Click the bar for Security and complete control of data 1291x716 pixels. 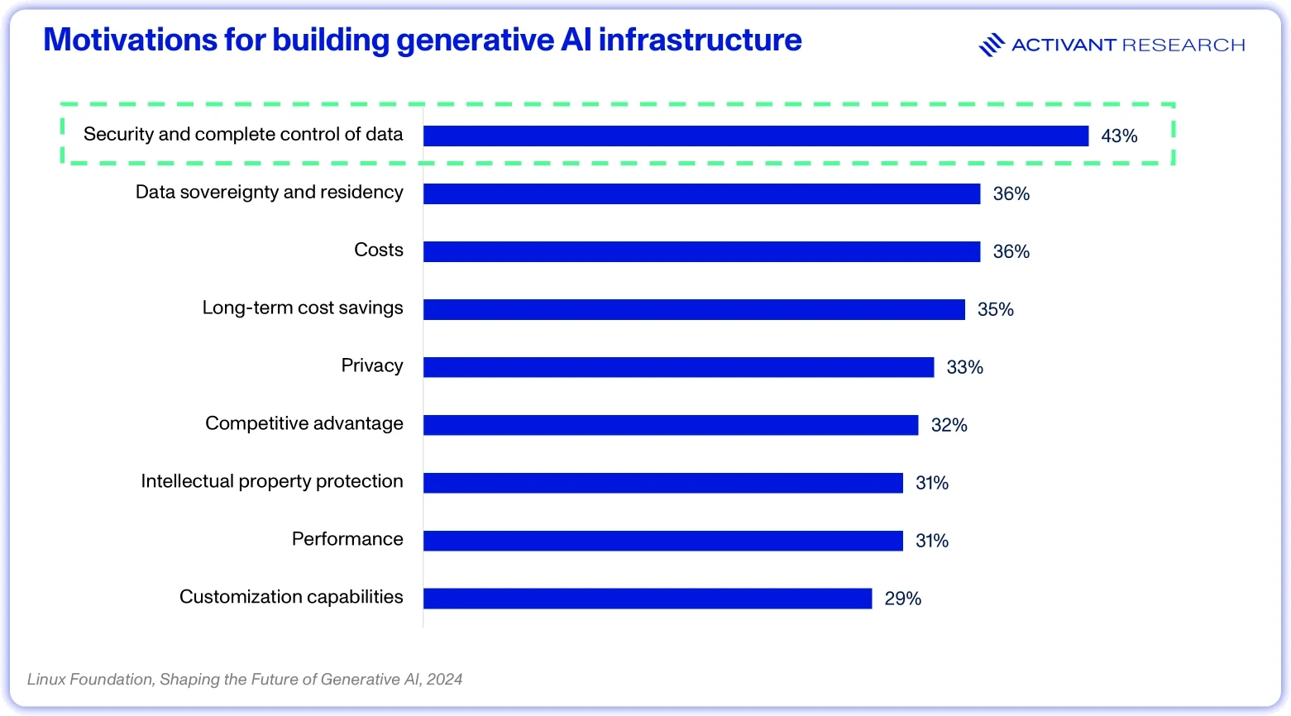756,136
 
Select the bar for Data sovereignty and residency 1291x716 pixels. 701,193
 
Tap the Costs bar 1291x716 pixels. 701,251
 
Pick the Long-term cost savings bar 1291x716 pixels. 694,309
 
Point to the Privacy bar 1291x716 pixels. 678,367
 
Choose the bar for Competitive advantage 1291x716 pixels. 670,425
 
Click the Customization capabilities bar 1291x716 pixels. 648,599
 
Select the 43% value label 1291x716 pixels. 1119,136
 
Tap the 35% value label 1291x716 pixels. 996,309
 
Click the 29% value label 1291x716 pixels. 902,599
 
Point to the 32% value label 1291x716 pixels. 949,425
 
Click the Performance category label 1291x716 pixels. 347,539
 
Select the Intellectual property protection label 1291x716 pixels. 272,481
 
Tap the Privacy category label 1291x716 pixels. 371,365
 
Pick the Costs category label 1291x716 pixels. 378,250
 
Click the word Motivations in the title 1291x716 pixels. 130,40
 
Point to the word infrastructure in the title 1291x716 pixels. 700,40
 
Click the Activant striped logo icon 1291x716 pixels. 992,45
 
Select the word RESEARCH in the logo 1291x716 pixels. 1183,45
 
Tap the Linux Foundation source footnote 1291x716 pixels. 244,679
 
